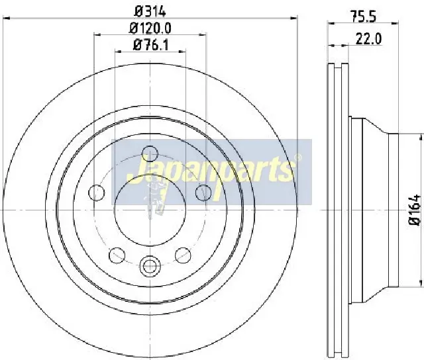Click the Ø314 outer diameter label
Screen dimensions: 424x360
(150, 11)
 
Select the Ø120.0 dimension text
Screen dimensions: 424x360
(150, 28)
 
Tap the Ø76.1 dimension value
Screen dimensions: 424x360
(151, 45)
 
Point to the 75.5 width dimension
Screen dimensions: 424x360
(364, 17)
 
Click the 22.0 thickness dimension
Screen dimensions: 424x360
(368, 39)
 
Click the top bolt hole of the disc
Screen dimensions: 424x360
(150, 154)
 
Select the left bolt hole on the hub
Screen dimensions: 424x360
(97, 193)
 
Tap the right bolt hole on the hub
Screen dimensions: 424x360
(203, 193)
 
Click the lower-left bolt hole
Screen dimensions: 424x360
(117, 255)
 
